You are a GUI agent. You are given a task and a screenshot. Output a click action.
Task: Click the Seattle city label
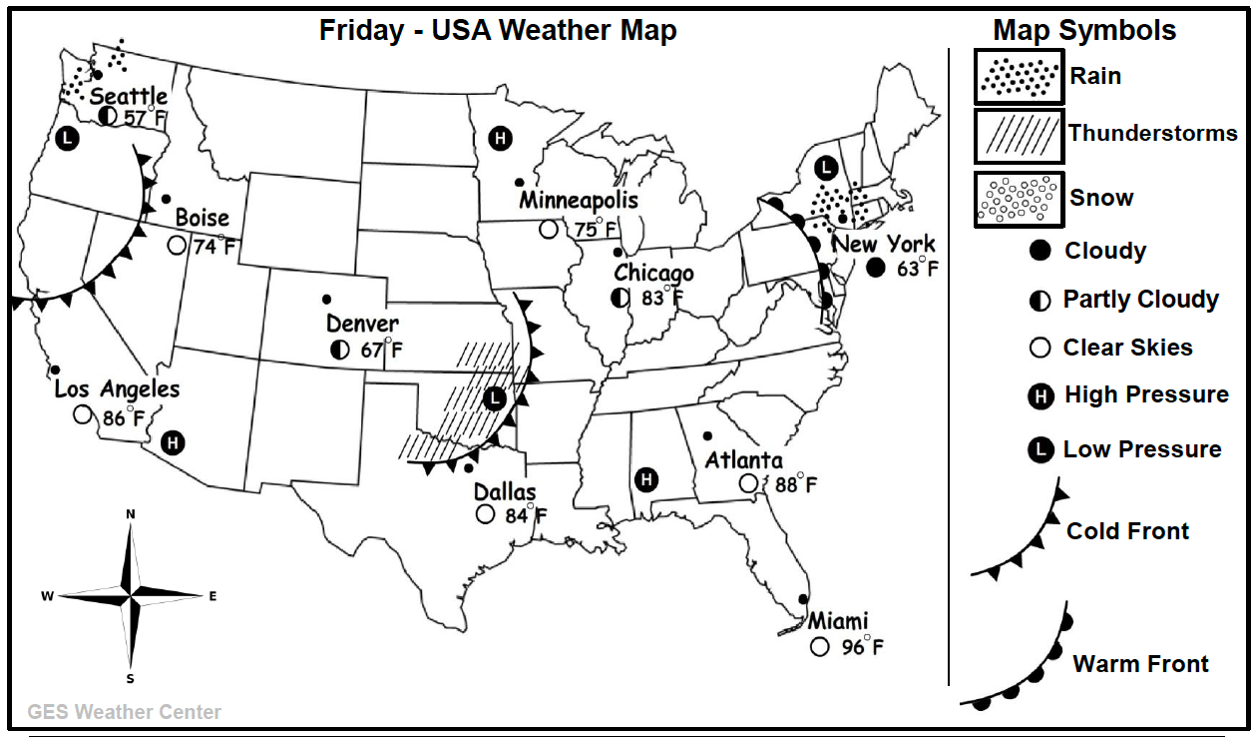[x=129, y=97]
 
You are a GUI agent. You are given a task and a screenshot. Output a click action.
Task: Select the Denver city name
[x=362, y=324]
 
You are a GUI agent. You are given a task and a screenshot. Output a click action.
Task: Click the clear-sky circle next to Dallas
[x=485, y=514]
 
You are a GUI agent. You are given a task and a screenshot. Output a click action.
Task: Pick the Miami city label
[x=838, y=621]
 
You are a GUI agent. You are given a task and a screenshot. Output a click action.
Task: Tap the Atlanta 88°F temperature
[x=796, y=484]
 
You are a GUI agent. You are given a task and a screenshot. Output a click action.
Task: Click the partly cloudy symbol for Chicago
[x=621, y=297]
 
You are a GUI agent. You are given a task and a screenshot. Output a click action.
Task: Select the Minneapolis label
[x=579, y=201]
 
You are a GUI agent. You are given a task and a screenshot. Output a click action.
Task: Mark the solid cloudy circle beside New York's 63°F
[x=876, y=267]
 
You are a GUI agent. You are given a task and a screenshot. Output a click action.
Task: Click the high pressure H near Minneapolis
[x=501, y=139]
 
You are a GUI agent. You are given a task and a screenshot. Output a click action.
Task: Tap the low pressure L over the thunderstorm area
[x=493, y=398]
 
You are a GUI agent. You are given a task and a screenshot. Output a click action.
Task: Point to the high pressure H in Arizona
[x=173, y=442]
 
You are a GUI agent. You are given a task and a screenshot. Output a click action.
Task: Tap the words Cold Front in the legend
[x=1127, y=531]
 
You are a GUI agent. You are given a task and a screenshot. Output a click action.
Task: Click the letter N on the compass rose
[x=131, y=513]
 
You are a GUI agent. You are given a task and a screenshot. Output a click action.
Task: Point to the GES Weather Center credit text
[x=125, y=712]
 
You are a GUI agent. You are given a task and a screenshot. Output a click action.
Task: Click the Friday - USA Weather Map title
[x=498, y=30]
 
